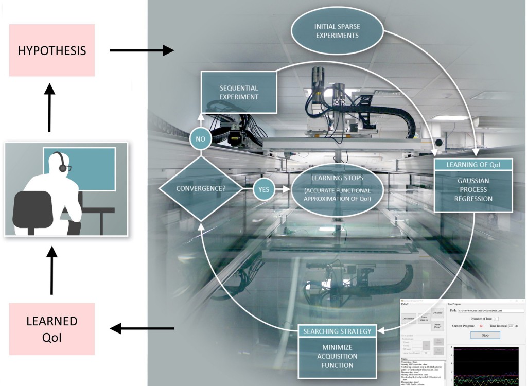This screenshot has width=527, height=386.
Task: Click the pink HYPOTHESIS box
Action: point(51,50)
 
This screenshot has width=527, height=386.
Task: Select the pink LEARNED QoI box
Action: point(51,328)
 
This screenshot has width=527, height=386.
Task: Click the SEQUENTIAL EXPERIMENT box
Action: point(238,93)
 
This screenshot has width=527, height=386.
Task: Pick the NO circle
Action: point(200,139)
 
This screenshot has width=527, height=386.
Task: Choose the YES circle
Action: point(263,189)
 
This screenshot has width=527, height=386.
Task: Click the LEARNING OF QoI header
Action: point(473,164)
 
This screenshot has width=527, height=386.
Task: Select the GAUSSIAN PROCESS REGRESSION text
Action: point(473,190)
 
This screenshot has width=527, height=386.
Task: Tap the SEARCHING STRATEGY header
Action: point(337,331)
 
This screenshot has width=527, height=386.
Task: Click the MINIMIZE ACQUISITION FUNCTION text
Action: point(337,356)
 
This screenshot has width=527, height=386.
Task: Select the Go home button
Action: point(437,313)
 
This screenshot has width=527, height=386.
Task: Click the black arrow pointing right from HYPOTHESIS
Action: point(142,50)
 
